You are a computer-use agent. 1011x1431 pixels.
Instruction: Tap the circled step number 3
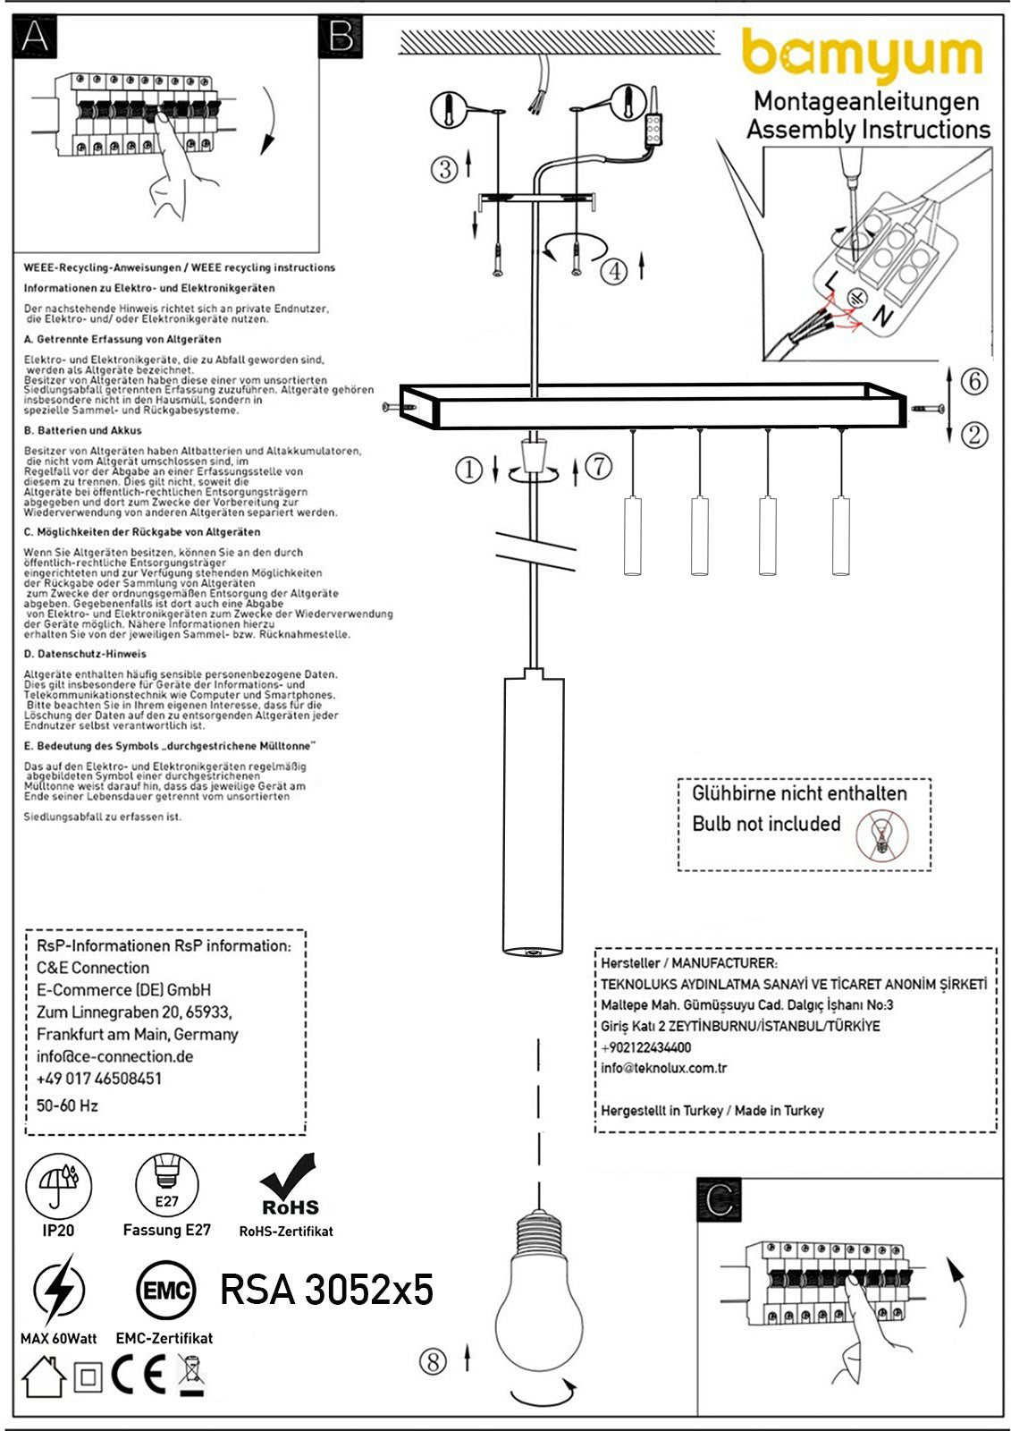444,168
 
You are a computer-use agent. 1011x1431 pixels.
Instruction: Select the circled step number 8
433,1361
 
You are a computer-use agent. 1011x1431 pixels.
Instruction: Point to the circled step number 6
973,381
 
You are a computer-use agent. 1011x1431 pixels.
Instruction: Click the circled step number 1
468,469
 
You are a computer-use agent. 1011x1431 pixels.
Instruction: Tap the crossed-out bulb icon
883,836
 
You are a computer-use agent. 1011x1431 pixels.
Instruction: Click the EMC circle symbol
167,1290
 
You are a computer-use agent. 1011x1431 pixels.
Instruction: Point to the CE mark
139,1376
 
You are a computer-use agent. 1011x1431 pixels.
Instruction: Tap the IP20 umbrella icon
59,1187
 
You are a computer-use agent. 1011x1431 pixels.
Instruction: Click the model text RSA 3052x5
326,1290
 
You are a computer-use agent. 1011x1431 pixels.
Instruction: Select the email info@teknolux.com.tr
663,1068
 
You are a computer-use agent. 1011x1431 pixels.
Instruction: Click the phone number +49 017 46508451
99,1079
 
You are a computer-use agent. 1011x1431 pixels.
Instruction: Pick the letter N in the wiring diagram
882,316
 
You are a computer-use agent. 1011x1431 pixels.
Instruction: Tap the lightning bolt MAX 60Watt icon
59,1290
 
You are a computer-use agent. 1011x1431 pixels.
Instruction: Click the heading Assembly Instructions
868,130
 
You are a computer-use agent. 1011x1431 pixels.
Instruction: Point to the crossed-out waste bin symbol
191,1376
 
